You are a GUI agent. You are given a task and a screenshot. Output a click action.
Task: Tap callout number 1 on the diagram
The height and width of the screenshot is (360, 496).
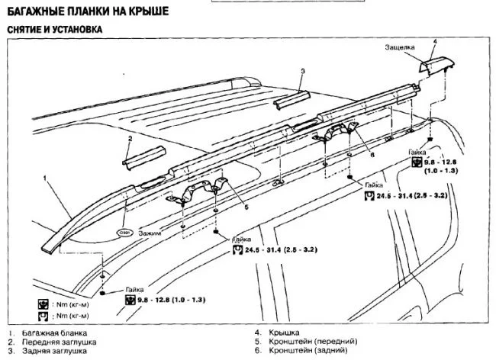coord(46,176)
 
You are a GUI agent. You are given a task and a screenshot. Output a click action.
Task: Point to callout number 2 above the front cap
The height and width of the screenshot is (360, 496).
coord(130,139)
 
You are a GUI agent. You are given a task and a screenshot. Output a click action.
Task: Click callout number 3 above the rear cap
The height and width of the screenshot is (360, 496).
coord(302,71)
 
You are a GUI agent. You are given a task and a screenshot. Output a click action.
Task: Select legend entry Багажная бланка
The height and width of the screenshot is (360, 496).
coord(56,333)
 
